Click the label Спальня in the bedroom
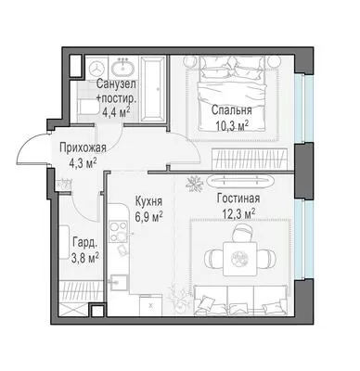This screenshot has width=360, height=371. [x=231, y=110]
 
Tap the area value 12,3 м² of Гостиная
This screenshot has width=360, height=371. [x=238, y=213]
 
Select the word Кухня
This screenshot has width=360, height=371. [x=148, y=202]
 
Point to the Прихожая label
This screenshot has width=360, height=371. [x=83, y=148]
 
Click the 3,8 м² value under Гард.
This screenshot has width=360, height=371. [x=85, y=258]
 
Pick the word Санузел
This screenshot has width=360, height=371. [x=116, y=83]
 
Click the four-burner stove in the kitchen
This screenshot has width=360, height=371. [x=118, y=231]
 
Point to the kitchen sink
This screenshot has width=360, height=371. [x=118, y=283]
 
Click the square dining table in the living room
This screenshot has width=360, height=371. [x=240, y=259]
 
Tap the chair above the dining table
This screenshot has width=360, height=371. [x=242, y=233]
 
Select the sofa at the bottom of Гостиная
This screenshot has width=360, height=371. [x=241, y=301]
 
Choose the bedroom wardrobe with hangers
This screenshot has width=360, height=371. [x=250, y=159]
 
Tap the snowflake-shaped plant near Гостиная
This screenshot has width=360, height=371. [x=195, y=184]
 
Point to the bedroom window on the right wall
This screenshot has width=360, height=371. [x=300, y=109]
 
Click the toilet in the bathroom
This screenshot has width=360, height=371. [x=87, y=107]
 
